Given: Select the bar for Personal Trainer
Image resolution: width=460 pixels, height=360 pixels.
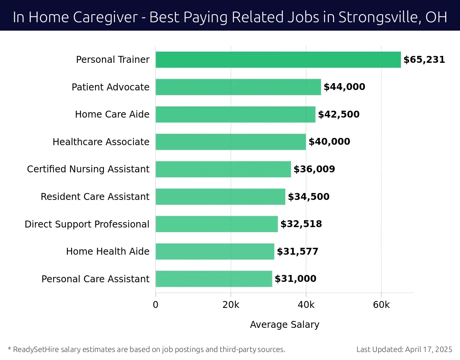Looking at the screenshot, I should point(278,60).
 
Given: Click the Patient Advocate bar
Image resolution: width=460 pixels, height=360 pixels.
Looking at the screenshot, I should point(238,87).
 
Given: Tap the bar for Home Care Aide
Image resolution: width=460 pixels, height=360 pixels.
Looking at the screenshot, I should point(235,115).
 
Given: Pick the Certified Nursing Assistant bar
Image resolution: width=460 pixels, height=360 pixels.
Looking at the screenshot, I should point(223,169).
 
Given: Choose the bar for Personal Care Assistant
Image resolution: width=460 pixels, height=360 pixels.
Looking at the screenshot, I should point(214,279).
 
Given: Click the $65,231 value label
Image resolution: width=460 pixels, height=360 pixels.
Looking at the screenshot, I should point(424,60).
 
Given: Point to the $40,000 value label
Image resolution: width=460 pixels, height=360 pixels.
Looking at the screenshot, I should point(329,142).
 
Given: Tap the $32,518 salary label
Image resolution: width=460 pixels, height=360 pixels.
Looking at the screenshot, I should point(301,224).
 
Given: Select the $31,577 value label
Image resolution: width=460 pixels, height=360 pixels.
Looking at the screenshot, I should point(297,252).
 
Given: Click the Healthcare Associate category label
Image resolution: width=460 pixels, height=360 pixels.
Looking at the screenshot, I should point(101,142).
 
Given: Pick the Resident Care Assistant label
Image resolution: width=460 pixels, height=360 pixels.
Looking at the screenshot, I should point(95,197).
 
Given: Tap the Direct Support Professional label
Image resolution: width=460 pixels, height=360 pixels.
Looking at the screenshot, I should point(87,224).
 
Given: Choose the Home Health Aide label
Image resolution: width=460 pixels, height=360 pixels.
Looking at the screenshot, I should point(108,252).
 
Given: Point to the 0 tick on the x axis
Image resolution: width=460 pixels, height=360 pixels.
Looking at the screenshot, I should point(156,305).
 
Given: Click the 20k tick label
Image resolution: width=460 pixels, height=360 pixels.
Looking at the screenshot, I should point(231,305).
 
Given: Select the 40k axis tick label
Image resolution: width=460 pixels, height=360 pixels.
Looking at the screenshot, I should point(306,305).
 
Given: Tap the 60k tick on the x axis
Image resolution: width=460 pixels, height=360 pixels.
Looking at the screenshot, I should point(381,305).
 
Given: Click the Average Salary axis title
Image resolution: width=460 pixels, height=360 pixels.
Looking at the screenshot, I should point(284,325).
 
